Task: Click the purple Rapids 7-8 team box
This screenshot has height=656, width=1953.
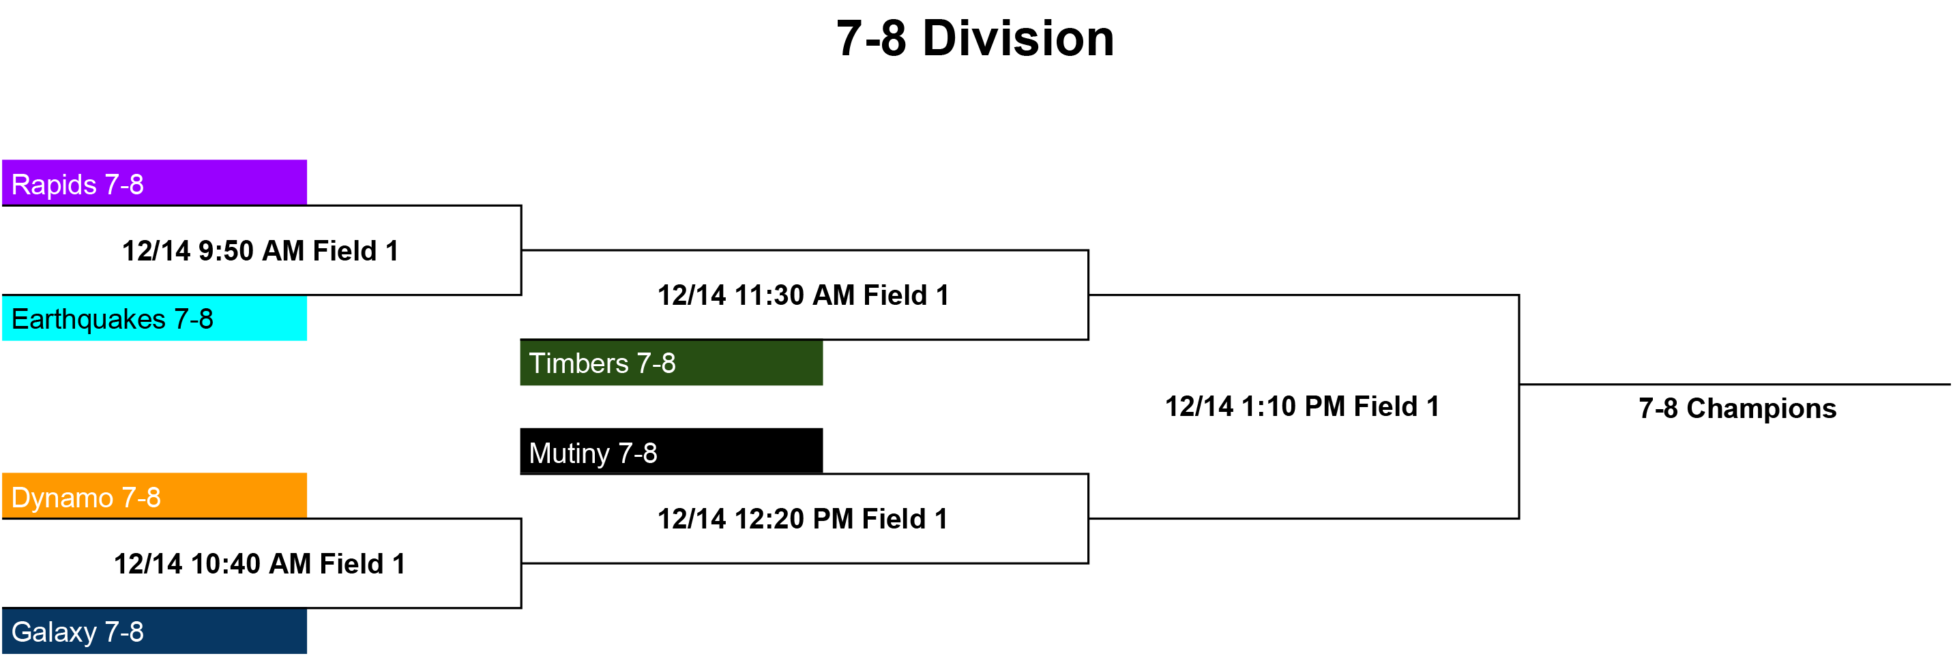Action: [155, 183]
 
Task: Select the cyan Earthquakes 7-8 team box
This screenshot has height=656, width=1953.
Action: [155, 318]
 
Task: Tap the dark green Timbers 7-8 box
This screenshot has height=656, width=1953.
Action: [671, 363]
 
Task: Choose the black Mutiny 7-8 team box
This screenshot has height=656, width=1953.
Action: [671, 451]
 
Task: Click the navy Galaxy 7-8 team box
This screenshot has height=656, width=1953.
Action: [155, 631]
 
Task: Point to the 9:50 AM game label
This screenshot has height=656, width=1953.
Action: [260, 251]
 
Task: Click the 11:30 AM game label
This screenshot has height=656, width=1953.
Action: [803, 295]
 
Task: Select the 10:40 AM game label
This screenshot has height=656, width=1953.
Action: [259, 563]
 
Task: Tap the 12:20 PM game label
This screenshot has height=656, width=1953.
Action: [802, 519]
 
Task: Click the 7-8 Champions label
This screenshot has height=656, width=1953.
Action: [1737, 409]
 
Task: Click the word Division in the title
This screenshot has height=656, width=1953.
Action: [1018, 39]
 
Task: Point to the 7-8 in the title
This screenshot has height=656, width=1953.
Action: [871, 39]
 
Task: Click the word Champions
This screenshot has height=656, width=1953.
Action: [1761, 409]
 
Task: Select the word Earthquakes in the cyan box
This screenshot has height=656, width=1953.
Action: [88, 320]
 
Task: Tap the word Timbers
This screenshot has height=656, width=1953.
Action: [578, 363]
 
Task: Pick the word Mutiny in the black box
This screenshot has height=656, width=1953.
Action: [570, 453]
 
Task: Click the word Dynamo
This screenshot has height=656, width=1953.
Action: [62, 498]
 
